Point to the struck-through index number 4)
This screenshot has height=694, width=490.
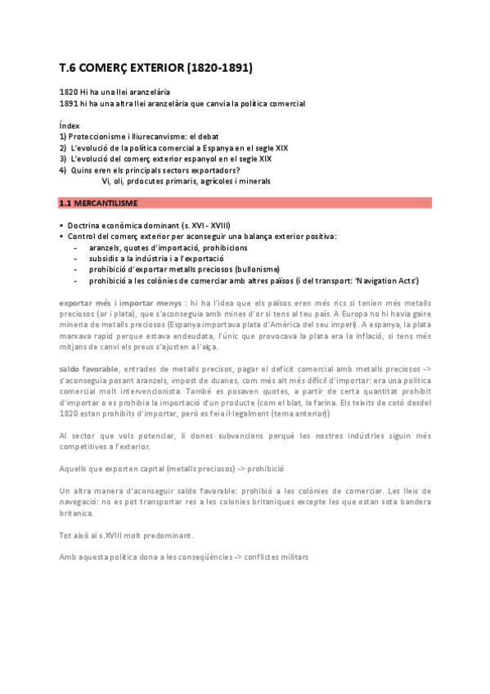pyautogui.click(x=63, y=169)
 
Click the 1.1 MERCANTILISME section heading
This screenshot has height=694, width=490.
pyautogui.click(x=97, y=201)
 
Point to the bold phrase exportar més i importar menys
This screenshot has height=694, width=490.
pyautogui.click(x=120, y=303)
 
